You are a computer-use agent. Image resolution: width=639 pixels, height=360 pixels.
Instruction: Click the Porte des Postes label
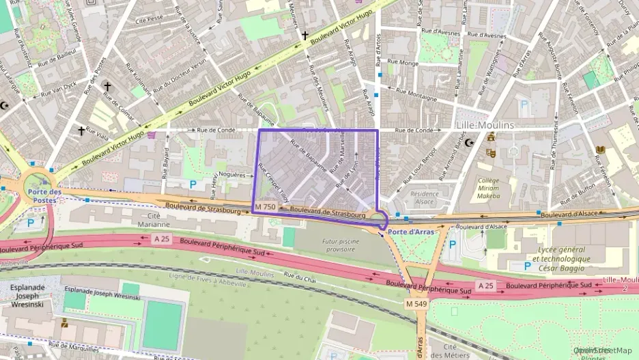tap(45, 195)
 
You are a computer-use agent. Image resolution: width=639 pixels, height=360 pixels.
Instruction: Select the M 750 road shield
tap(265, 207)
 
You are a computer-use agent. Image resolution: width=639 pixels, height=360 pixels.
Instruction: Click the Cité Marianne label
tap(154, 220)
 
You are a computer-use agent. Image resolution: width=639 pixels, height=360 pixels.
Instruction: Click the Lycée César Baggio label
tap(561, 259)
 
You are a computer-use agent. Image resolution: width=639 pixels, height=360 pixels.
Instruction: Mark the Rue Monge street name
tap(403, 63)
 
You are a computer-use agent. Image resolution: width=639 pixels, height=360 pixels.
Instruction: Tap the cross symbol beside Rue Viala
tap(81, 130)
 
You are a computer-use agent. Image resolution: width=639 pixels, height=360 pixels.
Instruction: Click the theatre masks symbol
tap(489, 152)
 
